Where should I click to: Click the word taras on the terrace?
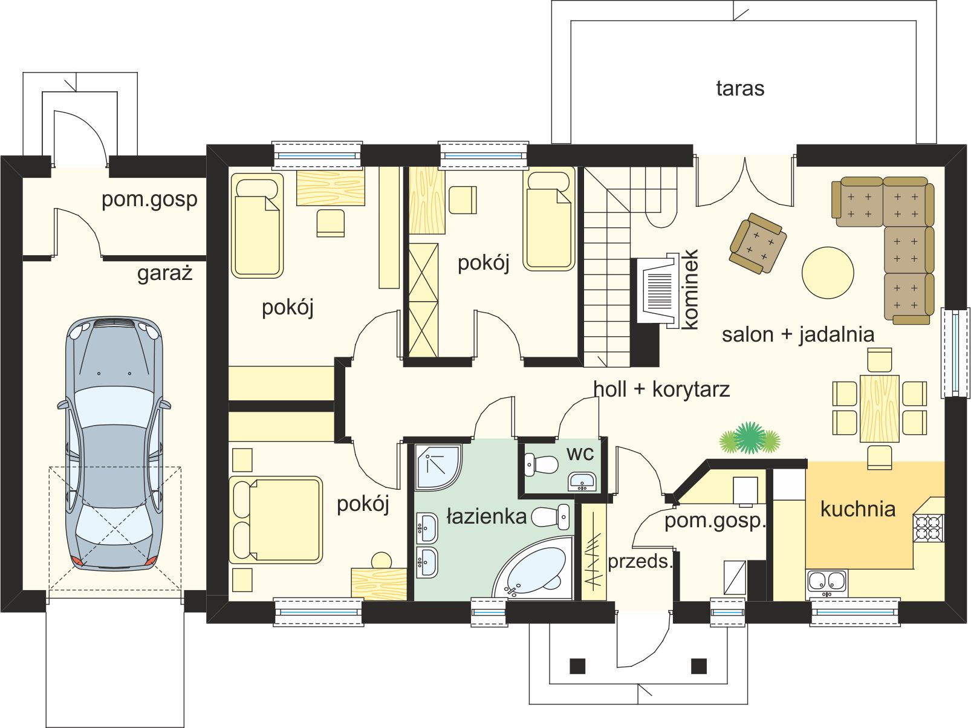(x=740, y=88)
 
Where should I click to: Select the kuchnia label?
(x=858, y=509)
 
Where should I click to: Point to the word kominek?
(x=690, y=290)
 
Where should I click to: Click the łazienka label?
(x=487, y=516)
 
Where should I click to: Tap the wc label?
(x=580, y=453)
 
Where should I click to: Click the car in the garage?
(x=114, y=443)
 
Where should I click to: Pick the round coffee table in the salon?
(x=828, y=273)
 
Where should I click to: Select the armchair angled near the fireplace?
(x=758, y=243)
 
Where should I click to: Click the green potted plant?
(x=750, y=438)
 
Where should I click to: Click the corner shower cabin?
(x=438, y=467)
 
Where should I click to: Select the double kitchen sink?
(x=826, y=581)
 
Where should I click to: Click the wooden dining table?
(x=880, y=408)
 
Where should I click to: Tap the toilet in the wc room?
(x=541, y=464)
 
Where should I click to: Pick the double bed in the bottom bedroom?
(x=276, y=519)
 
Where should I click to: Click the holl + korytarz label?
(x=661, y=389)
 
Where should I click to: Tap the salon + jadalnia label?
(x=798, y=334)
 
